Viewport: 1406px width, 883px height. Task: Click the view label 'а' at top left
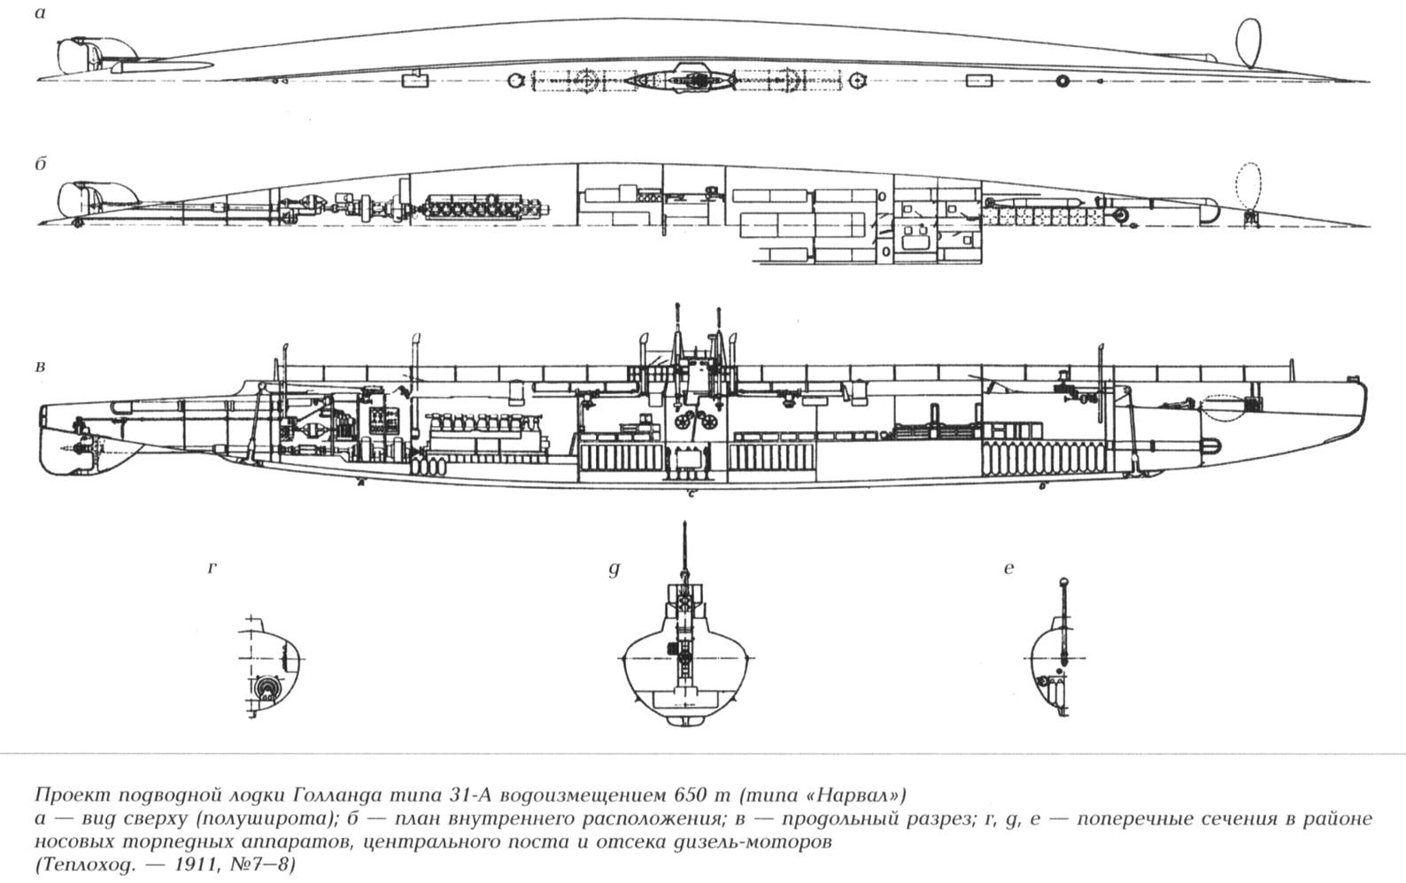40,14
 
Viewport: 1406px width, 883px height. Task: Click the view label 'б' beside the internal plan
41,164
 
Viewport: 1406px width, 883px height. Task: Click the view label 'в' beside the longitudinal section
40,366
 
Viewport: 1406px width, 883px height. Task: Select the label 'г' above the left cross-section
212,568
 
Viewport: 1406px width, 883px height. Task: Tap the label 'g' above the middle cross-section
614,569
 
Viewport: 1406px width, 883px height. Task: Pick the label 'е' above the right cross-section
1008,569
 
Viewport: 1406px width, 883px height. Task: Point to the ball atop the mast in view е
1065,583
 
